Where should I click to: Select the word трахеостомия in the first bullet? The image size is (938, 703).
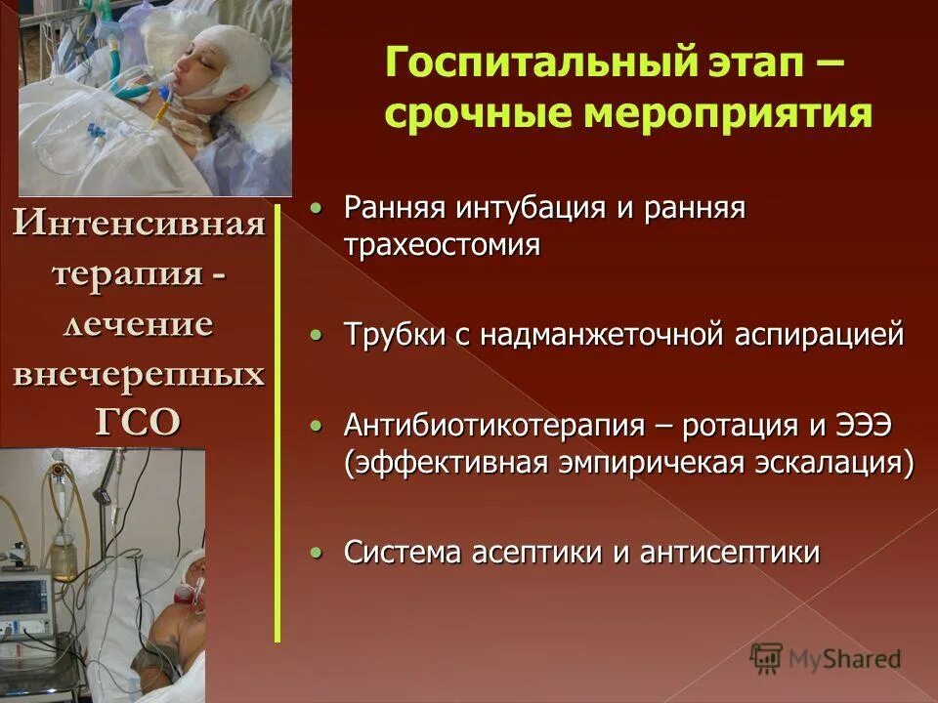point(442,244)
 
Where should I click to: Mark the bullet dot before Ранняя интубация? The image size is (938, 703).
point(315,208)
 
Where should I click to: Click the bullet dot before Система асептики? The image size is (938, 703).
point(315,553)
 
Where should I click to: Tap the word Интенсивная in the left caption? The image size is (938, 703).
point(139,226)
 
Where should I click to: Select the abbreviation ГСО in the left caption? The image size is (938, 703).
point(138,421)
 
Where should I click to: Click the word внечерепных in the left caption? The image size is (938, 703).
point(138,373)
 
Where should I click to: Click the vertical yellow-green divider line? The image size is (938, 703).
point(277,420)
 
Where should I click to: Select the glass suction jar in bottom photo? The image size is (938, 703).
point(64,552)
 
